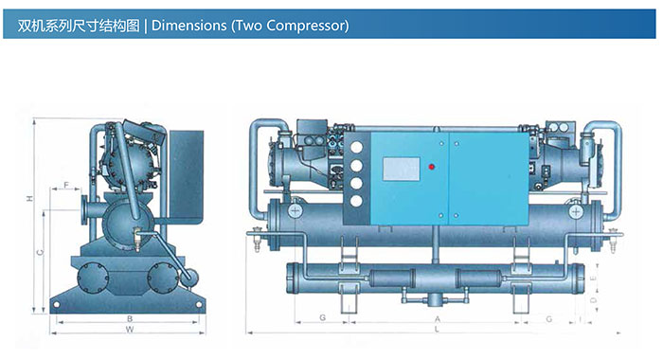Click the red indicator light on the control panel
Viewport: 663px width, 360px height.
coord(432,166)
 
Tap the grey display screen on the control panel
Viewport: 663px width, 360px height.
coord(402,169)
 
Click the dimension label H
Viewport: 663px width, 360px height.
coord(29,198)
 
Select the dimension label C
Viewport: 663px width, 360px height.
coord(40,253)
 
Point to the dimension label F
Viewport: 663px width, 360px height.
coord(66,185)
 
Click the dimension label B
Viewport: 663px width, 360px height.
coord(130,318)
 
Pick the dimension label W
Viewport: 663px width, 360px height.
coord(130,329)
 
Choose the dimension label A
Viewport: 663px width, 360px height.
coord(438,319)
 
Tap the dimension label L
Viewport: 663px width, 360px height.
coord(438,329)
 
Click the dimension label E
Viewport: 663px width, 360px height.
coord(593,279)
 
